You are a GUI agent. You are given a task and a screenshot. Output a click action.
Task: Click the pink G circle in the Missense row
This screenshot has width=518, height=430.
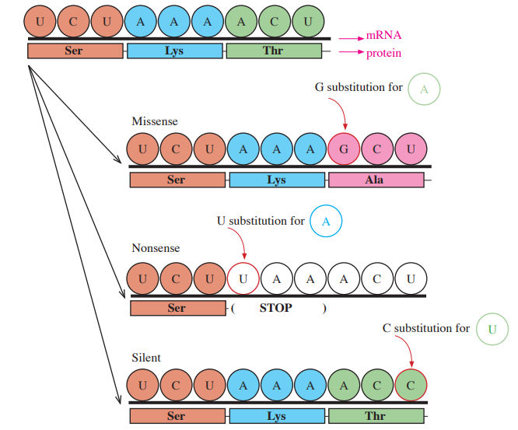[344, 149]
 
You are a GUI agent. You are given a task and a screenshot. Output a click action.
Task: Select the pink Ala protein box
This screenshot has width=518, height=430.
[376, 180]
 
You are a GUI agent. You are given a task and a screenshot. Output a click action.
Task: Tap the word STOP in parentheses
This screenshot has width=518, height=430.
[276, 308]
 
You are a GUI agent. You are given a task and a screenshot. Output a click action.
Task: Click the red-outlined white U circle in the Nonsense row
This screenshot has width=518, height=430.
[243, 278]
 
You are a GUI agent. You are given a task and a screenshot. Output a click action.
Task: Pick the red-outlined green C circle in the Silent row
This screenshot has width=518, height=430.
[411, 385]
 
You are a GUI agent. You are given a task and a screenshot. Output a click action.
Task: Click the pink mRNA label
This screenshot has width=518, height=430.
[384, 35]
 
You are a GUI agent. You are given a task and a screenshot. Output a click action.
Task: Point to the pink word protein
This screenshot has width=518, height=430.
[384, 53]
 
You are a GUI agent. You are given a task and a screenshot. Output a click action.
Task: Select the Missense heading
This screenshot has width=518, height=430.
[155, 121]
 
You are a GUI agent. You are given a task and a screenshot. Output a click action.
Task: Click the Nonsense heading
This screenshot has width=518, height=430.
[156, 248]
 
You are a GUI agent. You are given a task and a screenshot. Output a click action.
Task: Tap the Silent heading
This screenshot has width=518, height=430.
[146, 358]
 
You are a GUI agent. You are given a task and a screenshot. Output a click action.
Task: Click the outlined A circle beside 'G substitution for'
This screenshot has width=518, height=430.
[424, 89]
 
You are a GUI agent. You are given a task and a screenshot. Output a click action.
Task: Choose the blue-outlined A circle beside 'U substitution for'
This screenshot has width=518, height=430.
[326, 221]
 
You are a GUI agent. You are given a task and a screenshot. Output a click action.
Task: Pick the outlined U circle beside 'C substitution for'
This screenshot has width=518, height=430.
[492, 329]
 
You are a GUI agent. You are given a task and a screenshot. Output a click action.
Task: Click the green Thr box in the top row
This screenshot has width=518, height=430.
[275, 51]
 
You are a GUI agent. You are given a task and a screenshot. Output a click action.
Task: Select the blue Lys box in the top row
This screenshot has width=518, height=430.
[175, 51]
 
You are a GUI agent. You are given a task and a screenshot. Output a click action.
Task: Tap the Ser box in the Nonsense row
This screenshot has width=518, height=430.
[178, 308]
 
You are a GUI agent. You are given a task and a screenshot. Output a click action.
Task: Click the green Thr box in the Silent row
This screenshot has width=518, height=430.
[376, 416]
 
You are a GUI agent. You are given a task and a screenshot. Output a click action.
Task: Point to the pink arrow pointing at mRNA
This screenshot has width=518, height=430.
[352, 39]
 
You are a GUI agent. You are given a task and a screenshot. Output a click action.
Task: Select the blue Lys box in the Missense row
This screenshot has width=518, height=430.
[277, 180]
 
